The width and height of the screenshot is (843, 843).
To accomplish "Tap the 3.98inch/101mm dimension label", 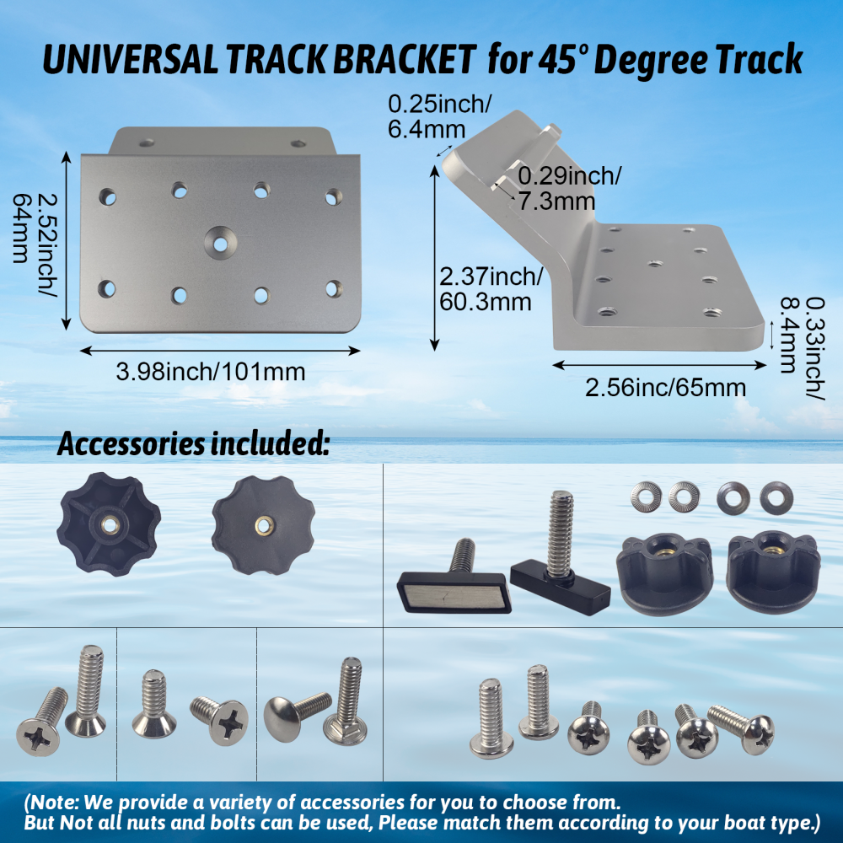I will point(211,371).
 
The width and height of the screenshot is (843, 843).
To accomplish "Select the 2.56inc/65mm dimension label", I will point(666,387).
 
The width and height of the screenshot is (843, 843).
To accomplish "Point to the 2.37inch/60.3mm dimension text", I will point(490,288).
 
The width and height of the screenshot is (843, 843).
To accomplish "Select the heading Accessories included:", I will point(192,444).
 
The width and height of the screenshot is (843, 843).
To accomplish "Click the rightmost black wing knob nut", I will point(771,573).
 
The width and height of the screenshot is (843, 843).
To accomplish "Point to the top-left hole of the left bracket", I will point(106,198).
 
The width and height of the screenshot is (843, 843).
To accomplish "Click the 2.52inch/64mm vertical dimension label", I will point(34,240).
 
